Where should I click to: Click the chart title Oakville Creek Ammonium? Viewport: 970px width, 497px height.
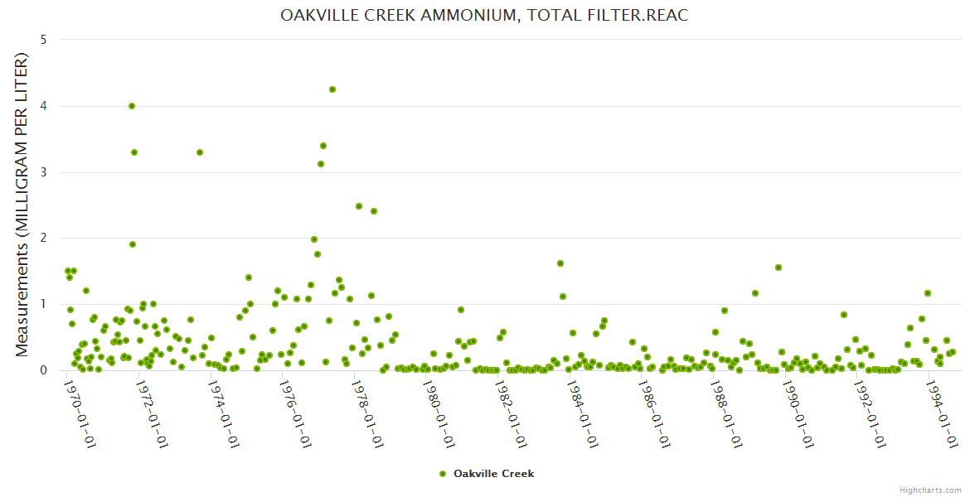pos(484,16)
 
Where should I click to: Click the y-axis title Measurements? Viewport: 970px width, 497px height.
pos(22,205)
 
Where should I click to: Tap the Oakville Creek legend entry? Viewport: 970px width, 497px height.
pos(487,474)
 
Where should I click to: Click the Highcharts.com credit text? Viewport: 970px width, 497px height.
pos(930,490)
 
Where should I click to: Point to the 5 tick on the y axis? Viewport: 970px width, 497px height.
pos(42,40)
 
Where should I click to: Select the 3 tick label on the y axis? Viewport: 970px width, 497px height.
pos(42,172)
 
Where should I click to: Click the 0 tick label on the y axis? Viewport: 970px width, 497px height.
pos(42,370)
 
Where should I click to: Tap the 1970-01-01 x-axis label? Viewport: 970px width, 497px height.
pos(80,415)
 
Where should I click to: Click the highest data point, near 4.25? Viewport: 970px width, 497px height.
pos(332,89)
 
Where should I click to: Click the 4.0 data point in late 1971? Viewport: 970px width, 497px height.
pos(132,106)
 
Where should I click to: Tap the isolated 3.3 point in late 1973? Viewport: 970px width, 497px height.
pos(200,152)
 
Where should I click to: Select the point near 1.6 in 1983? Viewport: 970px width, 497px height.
pos(560,263)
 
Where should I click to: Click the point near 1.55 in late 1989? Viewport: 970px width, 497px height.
pos(778,268)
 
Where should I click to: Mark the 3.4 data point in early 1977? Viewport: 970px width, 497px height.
pos(323,146)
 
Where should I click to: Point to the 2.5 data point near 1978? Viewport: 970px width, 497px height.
pos(359,206)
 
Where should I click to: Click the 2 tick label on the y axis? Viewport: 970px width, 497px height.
pos(42,239)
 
